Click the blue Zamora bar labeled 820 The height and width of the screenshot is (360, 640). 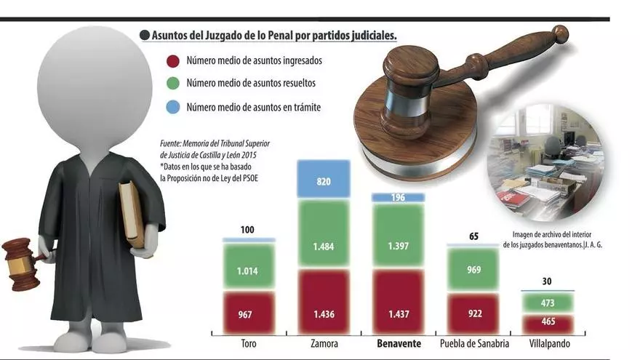324,179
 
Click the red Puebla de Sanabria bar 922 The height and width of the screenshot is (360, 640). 473,313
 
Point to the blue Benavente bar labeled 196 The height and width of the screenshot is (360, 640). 397,197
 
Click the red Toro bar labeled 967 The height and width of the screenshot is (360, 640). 249,313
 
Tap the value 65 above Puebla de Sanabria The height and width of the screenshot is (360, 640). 473,236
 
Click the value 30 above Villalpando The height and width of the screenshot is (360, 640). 548,281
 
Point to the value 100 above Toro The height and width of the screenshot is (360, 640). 248,230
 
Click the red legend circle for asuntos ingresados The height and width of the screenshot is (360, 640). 173,61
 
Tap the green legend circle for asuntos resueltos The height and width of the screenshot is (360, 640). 173,84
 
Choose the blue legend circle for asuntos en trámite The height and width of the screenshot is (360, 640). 173,107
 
